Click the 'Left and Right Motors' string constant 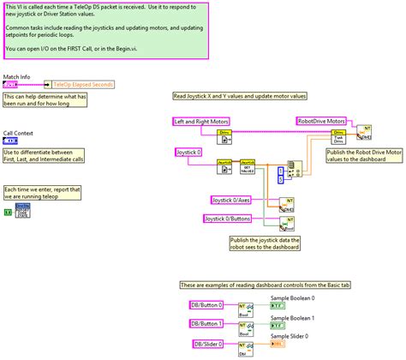coord(202,123)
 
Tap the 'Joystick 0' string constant coord(189,152)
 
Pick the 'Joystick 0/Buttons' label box coord(228,219)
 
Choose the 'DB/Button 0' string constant coord(206,305)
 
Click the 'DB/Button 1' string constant coord(206,323)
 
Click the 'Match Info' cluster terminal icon coord(12,85)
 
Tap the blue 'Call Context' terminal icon coord(11,141)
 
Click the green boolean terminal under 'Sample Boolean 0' coord(276,306)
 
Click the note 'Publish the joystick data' coord(265,243)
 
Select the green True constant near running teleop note coord(8,211)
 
